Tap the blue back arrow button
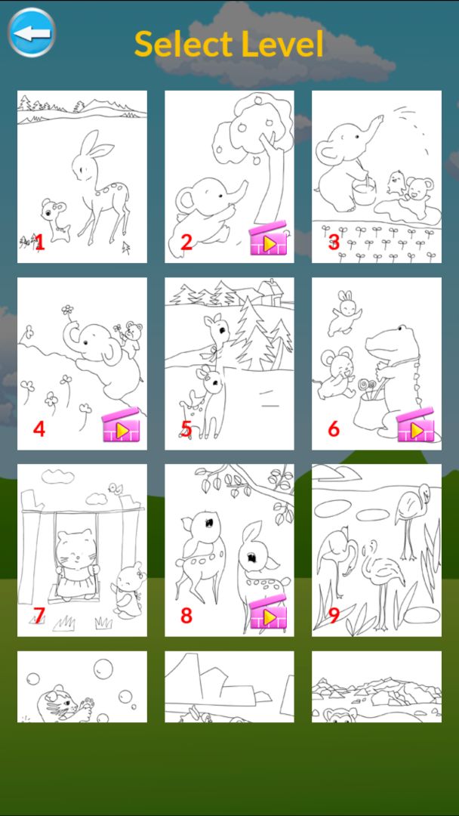32,32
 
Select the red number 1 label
39,243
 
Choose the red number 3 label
334,243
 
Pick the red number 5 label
186,429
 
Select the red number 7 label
39,615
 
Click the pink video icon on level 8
268,613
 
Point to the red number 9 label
334,615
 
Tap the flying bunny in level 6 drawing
343,313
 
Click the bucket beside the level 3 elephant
364,191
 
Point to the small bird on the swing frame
115,488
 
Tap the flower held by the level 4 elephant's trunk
67,311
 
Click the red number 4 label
39,429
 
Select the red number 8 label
186,615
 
